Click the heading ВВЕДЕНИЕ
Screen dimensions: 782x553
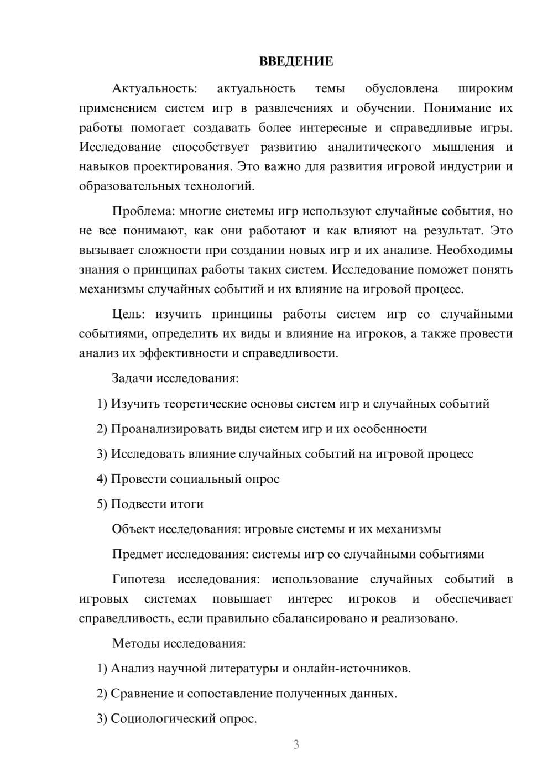[x=296, y=61]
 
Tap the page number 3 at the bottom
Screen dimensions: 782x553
[x=296, y=744]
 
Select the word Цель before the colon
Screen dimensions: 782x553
[x=127, y=314]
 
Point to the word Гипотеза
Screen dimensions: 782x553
[x=138, y=580]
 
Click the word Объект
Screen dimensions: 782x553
[x=133, y=529]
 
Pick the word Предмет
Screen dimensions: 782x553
[x=137, y=554]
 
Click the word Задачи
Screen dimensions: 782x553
[x=132, y=379]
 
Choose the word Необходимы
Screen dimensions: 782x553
[x=474, y=250]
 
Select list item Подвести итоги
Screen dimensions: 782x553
[x=157, y=504]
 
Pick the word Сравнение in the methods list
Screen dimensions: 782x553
[x=142, y=694]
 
